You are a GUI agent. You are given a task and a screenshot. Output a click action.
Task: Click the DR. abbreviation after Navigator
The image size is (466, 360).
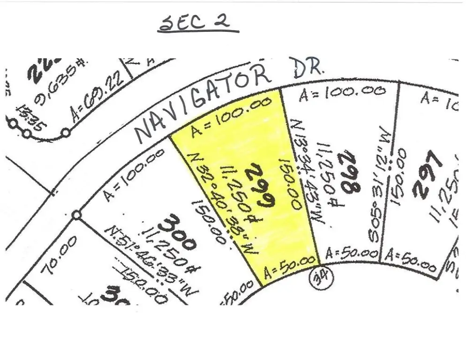(307, 68)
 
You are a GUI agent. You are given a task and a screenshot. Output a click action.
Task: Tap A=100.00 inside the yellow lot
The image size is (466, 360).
(232, 116)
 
